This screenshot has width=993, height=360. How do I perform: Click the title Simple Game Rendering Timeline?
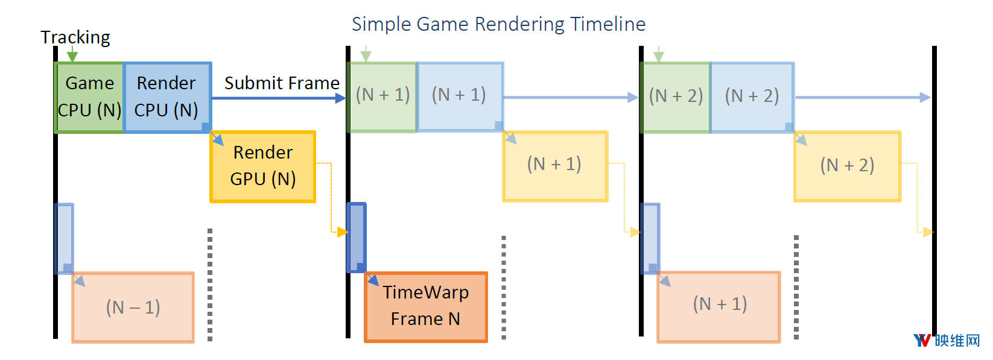499,24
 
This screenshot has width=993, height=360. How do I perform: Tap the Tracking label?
75,37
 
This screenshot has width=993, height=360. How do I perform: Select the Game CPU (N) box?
89,98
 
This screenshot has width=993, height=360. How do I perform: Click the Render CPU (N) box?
167,98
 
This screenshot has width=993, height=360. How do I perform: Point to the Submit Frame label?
282,83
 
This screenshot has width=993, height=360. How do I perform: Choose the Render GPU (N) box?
263,166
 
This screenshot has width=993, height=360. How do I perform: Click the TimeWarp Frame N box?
426,307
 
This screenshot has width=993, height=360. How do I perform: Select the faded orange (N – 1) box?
133,308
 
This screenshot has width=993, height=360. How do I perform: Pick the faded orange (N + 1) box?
719,307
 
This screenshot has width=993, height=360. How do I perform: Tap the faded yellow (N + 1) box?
555,166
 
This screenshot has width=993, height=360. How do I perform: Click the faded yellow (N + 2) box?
848,166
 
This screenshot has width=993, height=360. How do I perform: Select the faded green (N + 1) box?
382,98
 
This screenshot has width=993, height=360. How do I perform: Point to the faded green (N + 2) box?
676,98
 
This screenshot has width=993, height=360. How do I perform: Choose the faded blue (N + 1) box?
460,96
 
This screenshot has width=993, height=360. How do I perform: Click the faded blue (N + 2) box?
752,98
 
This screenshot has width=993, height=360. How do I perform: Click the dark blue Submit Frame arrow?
279,98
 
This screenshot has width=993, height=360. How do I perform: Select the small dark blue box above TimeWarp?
357,238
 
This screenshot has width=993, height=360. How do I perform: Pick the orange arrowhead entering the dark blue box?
342,232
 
